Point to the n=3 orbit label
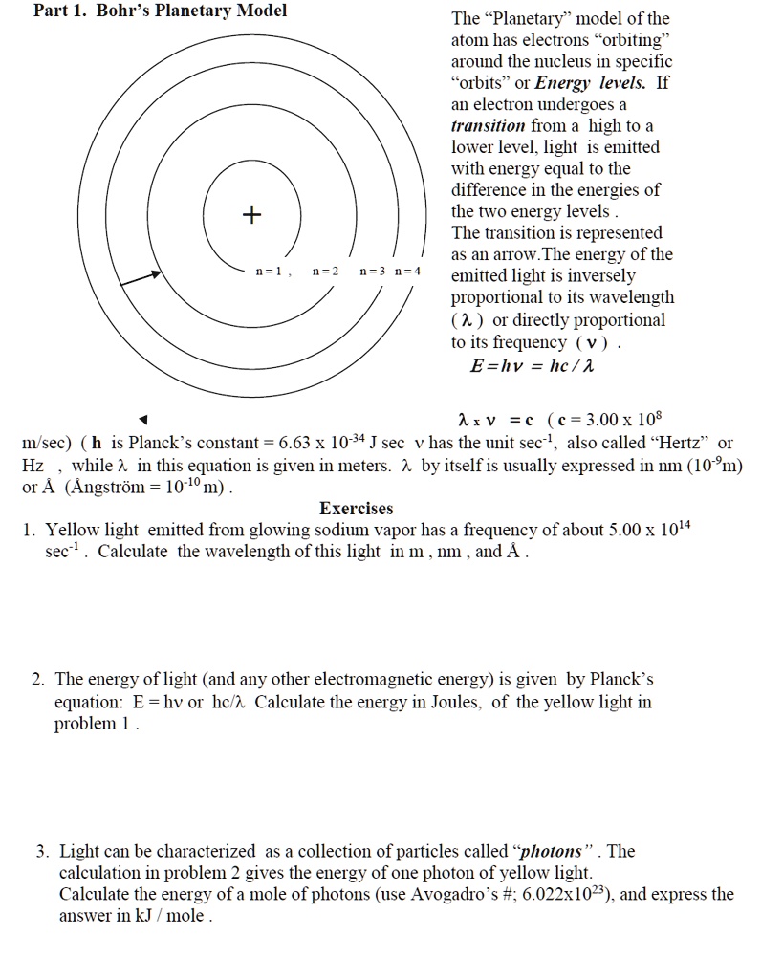point(373,272)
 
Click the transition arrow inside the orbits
point(141,276)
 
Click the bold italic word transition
point(488,126)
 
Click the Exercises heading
point(356,509)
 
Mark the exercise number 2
point(37,680)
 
